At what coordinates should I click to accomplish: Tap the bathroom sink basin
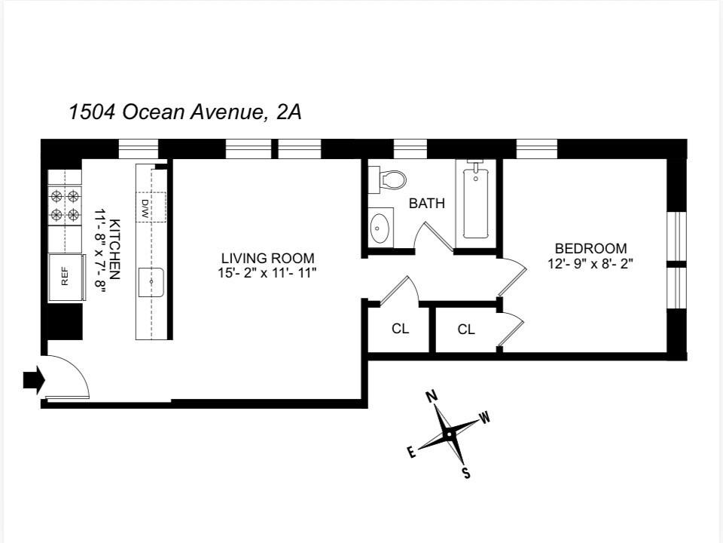[381, 226]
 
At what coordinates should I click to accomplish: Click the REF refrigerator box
[65, 278]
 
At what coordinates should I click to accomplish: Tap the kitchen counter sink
[151, 281]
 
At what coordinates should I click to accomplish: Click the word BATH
[426, 204]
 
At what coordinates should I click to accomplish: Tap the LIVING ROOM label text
[267, 258]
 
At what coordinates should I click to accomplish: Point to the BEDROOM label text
[590, 248]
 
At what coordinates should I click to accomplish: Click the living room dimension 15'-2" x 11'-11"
[267, 273]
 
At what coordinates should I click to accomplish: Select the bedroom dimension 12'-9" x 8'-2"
[590, 264]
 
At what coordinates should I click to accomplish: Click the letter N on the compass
[432, 397]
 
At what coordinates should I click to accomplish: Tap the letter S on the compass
[466, 473]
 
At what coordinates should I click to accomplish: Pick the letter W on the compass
[485, 418]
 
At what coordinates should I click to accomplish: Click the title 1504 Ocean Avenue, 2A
[185, 112]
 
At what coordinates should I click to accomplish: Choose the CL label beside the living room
[400, 329]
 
